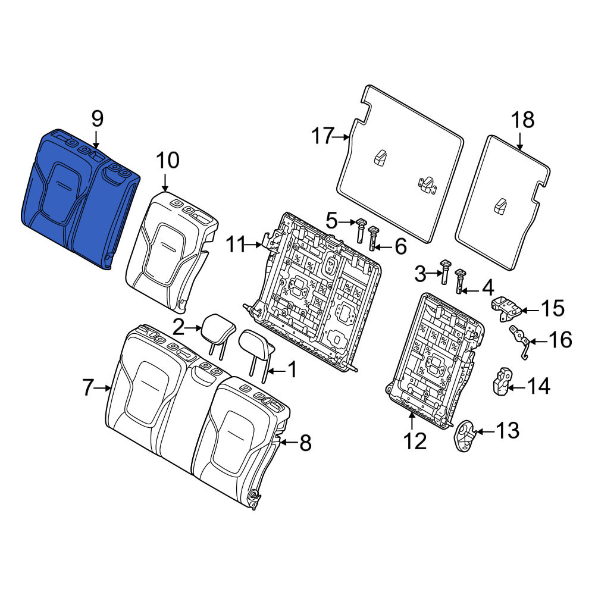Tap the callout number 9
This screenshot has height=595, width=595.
coord(97,119)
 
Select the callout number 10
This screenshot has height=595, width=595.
coord(167,160)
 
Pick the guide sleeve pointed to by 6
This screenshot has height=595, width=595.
coord(374,239)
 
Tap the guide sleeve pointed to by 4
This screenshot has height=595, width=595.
coord(460,281)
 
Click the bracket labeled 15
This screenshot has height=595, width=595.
coord(506,308)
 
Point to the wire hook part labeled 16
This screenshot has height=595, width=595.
coord(521,341)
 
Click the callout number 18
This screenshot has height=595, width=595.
coord(523,120)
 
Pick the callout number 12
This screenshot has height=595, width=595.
coord(415,441)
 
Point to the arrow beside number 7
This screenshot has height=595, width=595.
coord(103,388)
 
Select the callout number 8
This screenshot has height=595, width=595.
coord(305,443)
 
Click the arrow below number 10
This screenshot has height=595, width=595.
coord(165,183)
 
